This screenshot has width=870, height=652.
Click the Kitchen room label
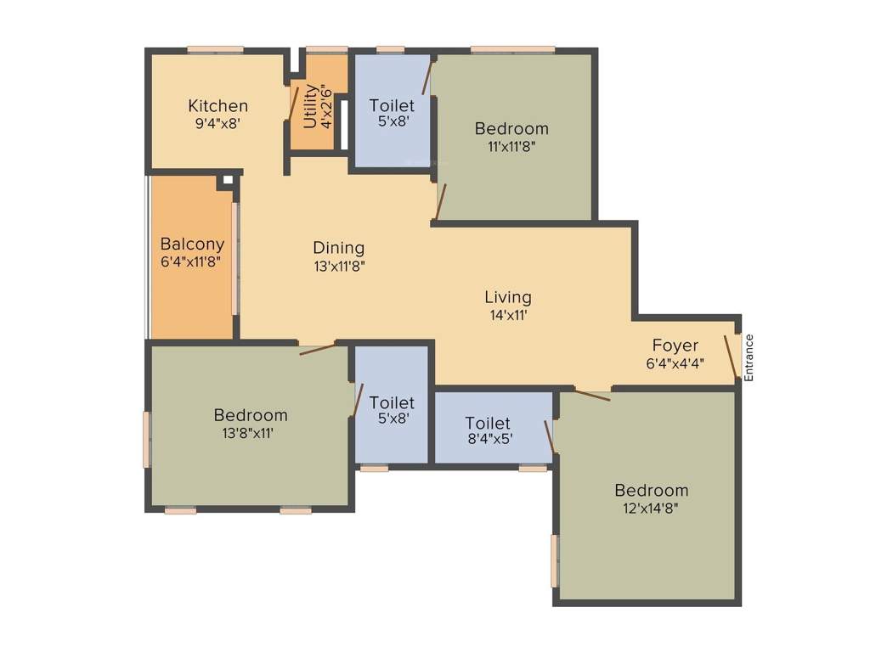[217, 106]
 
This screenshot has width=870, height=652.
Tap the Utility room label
[310, 105]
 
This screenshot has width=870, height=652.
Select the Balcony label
[192, 244]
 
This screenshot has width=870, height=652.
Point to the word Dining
[338, 248]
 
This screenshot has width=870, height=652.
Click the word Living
[508, 297]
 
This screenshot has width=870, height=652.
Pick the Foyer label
[675, 346]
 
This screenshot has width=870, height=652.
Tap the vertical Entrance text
[749, 357]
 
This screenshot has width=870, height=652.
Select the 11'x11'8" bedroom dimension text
[511, 145]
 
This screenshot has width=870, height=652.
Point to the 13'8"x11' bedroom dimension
[250, 432]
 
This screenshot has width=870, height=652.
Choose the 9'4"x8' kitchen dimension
[217, 122]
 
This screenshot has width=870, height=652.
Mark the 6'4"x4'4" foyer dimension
[675, 362]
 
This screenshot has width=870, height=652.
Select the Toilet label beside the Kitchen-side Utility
[392, 106]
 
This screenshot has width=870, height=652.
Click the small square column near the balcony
[227, 180]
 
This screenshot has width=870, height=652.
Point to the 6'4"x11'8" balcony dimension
[192, 261]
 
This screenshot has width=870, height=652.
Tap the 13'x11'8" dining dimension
[338, 265]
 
